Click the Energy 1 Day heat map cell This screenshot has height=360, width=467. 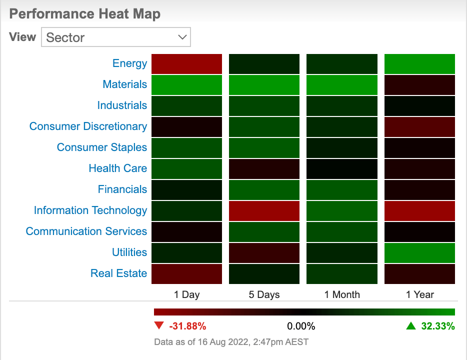[186, 63]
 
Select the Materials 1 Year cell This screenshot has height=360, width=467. [419, 85]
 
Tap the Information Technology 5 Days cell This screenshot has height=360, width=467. [264, 211]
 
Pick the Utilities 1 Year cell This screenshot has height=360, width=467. [419, 253]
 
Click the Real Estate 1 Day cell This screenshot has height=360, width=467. [186, 274]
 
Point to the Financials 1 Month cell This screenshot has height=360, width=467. [342, 190]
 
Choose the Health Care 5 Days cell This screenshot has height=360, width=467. [264, 169]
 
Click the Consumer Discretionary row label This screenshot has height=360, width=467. [88, 126]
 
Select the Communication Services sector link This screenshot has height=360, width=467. [86, 231]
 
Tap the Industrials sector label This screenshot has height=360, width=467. [122, 105]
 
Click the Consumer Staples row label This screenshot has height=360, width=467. [102, 147]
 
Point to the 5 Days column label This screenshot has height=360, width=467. [264, 294]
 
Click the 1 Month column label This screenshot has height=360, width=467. [342, 294]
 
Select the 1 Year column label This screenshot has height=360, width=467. [419, 294]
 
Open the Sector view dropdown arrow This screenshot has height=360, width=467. [182, 37]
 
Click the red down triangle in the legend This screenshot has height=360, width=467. [159, 325]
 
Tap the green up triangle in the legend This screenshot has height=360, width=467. [411, 326]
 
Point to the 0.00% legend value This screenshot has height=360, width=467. [301, 326]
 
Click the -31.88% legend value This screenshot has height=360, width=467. [187, 326]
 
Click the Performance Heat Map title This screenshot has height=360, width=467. [85, 14]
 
